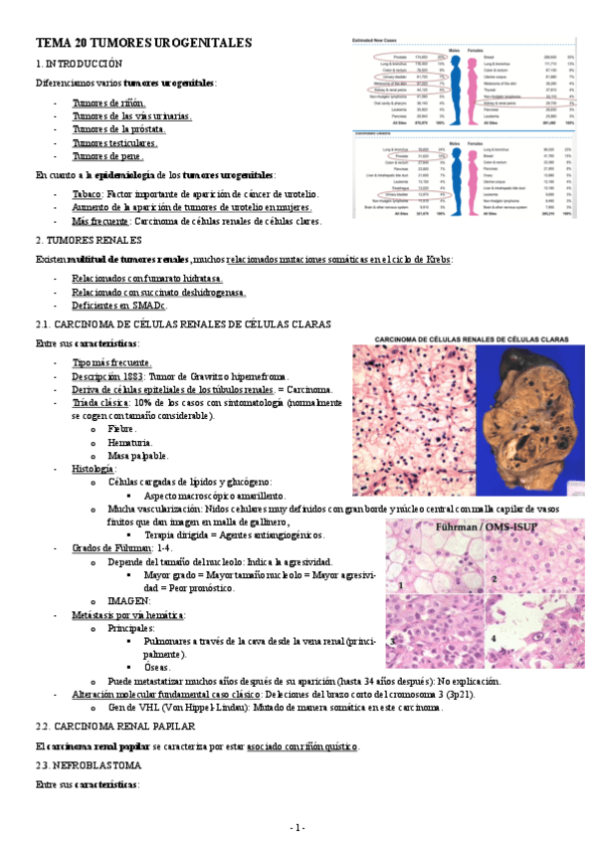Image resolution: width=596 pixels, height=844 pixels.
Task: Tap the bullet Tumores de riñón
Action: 108,103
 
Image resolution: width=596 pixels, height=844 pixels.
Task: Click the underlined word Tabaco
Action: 87,194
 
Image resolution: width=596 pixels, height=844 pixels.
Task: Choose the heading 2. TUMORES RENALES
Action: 88,241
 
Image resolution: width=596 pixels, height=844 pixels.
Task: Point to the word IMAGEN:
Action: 129,601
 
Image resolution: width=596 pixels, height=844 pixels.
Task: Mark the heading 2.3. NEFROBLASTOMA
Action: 89,765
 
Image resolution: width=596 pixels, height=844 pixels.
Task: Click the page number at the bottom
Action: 298,828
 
